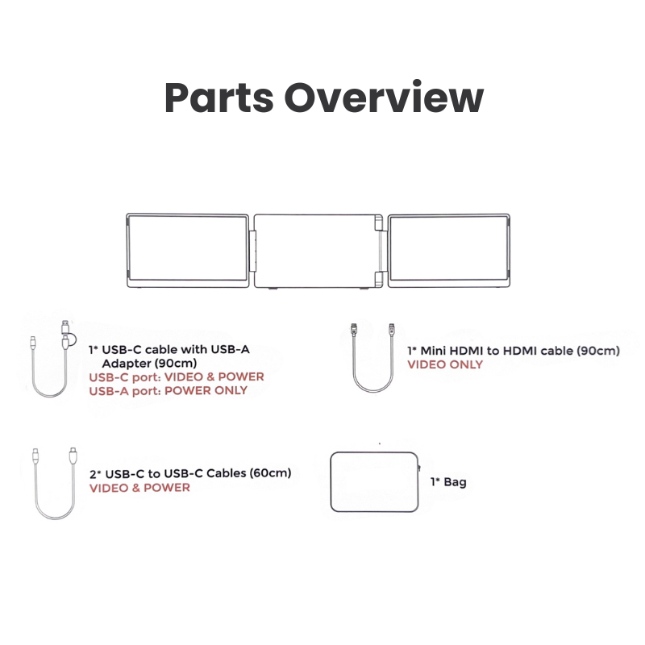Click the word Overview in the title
pyautogui.click(x=384, y=97)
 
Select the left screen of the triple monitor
pyautogui.click(x=188, y=250)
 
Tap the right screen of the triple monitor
pyautogui.click(x=449, y=250)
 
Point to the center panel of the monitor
pyautogui.click(x=318, y=251)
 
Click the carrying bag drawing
pyautogui.click(x=331, y=481)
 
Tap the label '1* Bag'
pyautogui.click(x=448, y=481)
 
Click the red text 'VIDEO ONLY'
pyautogui.click(x=445, y=364)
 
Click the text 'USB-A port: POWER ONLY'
pyautogui.click(x=169, y=390)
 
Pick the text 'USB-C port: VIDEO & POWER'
pyautogui.click(x=177, y=377)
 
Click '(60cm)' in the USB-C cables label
pyautogui.click(x=271, y=473)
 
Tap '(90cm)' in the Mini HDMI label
pyautogui.click(x=598, y=351)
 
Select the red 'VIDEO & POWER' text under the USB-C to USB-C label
pyautogui.click(x=139, y=488)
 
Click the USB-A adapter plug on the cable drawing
pyautogui.click(x=65, y=327)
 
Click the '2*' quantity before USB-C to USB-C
pyautogui.click(x=95, y=474)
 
